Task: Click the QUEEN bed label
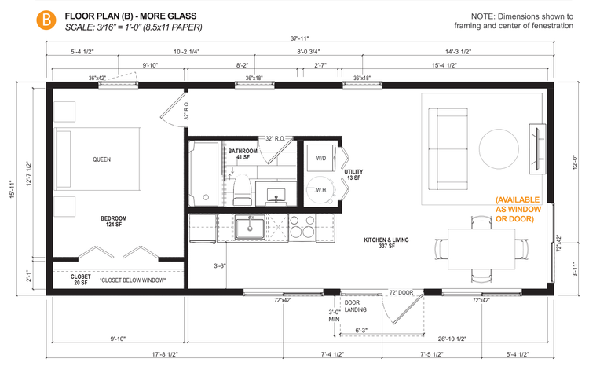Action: click(x=101, y=159)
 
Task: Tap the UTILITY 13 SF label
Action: click(x=353, y=174)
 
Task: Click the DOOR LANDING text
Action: click(x=357, y=306)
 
